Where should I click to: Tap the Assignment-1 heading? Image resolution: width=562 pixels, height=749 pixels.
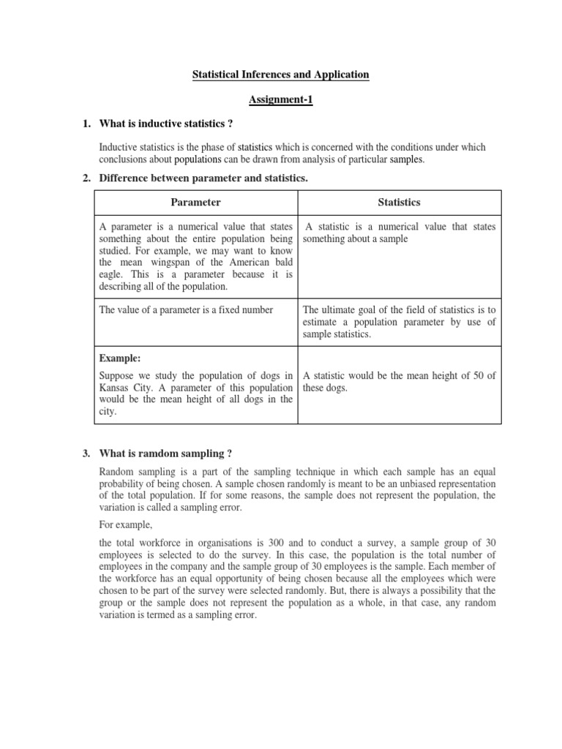[x=280, y=100]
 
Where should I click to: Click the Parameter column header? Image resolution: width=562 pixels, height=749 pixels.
[x=195, y=202]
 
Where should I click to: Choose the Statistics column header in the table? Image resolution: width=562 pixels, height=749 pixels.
[x=399, y=202]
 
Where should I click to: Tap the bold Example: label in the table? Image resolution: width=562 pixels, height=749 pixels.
[x=119, y=358]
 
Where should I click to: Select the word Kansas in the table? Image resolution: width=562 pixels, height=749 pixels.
[x=116, y=387]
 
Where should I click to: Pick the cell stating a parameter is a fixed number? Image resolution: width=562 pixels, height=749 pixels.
[x=186, y=310]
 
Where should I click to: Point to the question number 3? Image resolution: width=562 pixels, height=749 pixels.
[x=86, y=454]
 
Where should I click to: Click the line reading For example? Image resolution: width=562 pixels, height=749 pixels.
[x=124, y=524]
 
